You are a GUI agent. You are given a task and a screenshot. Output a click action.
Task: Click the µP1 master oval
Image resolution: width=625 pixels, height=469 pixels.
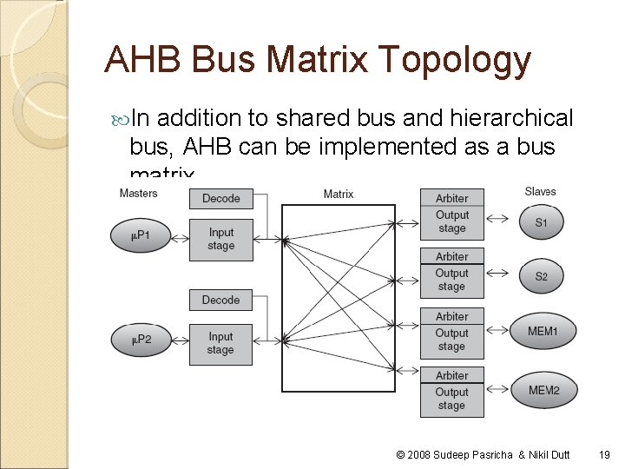[141, 235]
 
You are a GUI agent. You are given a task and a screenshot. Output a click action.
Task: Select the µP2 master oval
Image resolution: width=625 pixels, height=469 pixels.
[141, 339]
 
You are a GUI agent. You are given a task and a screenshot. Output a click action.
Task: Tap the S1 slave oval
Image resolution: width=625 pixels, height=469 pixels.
[541, 223]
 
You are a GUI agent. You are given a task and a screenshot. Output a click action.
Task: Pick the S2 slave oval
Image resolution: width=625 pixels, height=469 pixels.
[541, 277]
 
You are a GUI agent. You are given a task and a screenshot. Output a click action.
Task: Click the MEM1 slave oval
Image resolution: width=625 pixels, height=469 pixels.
[543, 332]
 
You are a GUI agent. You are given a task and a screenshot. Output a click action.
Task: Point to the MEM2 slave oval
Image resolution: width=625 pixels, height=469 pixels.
[543, 391]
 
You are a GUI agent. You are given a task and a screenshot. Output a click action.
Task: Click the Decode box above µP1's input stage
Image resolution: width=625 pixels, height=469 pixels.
[220, 198]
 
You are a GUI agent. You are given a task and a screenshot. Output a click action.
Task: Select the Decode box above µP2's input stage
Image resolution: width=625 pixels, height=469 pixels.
[220, 301]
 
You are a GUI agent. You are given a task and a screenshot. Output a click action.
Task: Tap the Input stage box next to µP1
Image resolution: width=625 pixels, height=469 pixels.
[220, 239]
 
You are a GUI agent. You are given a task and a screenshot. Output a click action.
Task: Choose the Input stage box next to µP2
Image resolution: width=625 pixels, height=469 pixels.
[220, 343]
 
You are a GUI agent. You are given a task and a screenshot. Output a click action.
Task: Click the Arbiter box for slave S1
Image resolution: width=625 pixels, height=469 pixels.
[451, 199]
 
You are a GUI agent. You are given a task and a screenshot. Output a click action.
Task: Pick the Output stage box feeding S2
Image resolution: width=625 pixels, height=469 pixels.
[451, 280]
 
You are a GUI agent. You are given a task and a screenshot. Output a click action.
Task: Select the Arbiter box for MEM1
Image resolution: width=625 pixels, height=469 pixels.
[451, 317]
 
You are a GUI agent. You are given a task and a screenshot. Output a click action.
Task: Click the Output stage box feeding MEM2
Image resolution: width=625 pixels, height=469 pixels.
[451, 399]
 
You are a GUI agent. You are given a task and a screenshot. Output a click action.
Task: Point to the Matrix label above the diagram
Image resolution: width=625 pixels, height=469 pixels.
[339, 194]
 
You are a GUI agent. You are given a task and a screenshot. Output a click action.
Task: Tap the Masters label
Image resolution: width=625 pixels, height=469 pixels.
[138, 192]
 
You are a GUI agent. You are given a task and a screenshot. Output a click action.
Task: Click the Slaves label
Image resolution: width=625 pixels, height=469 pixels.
[540, 191]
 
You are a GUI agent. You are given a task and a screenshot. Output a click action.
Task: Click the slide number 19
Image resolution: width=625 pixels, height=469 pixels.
[604, 453]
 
